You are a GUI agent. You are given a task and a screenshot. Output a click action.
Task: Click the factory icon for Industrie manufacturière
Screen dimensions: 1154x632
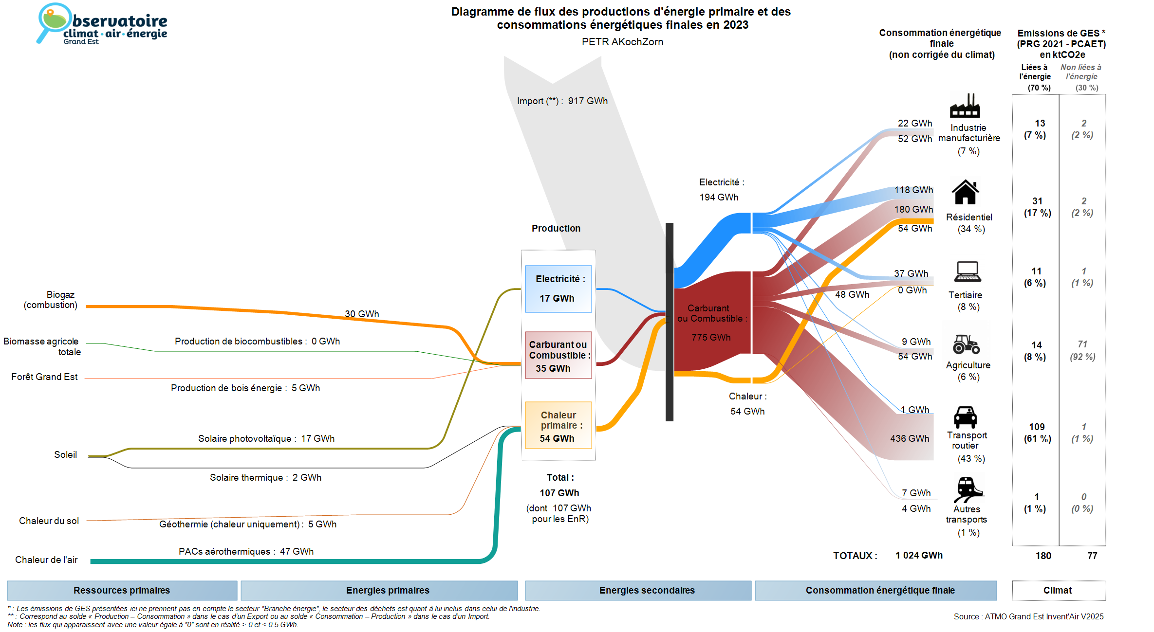point(965,106)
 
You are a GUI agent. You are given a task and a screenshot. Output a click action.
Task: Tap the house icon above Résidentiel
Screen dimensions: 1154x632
point(965,192)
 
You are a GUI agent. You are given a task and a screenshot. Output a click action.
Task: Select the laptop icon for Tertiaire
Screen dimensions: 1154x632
point(968,271)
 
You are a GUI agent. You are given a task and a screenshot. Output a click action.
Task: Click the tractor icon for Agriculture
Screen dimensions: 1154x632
point(966,344)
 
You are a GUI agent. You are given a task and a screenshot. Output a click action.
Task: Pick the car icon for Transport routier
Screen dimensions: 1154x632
point(965,417)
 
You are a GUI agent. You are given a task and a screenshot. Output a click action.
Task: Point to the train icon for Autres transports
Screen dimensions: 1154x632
point(968,489)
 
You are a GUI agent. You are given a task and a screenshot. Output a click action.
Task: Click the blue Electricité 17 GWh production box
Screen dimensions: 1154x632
point(558,289)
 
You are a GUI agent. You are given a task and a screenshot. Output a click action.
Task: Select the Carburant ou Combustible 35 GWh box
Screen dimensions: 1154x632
point(558,355)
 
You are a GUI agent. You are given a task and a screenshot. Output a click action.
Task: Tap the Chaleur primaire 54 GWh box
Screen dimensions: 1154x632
point(558,425)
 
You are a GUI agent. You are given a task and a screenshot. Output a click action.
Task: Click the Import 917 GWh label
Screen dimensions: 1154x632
point(562,101)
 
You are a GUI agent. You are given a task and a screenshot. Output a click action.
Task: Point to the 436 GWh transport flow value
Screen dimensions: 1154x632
point(910,438)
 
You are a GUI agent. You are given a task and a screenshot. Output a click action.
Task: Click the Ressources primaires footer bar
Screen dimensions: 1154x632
point(122,590)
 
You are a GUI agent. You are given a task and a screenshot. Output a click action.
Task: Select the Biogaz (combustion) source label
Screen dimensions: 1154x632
point(51,300)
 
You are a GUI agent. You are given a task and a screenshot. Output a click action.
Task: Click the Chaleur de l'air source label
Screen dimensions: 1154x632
point(46,560)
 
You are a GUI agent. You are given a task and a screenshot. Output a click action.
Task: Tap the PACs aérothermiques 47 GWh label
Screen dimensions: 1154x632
point(246,551)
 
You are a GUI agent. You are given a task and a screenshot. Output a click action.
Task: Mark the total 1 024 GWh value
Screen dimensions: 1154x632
point(919,555)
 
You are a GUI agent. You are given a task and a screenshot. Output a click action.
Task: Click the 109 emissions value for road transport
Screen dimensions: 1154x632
point(1037,427)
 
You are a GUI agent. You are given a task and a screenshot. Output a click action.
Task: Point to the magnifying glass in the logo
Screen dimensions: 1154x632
point(52,21)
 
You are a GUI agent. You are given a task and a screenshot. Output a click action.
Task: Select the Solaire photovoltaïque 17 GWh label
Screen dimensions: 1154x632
point(266,438)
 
